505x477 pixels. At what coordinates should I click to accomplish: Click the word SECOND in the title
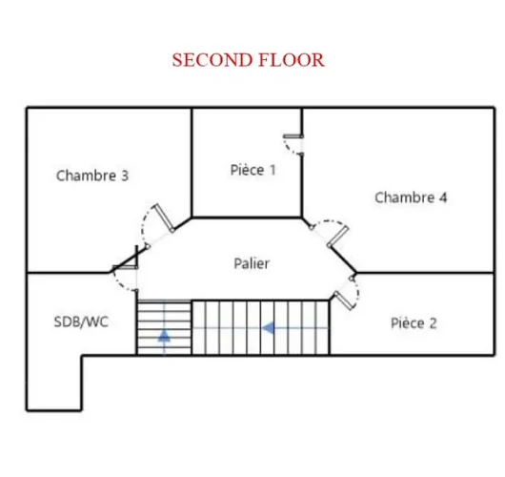point(212,60)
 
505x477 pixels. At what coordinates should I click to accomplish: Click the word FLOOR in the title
point(292,60)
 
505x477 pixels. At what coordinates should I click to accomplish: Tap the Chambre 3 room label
point(92,176)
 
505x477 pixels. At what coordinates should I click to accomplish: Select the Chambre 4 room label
point(411,197)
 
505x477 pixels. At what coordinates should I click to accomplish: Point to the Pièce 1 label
point(253,170)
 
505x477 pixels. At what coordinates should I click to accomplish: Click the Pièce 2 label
point(414,323)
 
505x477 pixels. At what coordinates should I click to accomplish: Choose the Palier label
point(252,263)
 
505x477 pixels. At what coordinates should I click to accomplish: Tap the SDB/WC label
point(81,321)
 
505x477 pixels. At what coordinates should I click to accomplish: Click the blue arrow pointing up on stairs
point(164,336)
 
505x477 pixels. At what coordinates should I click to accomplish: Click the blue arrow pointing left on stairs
point(269,328)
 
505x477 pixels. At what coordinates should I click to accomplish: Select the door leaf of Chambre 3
point(164,218)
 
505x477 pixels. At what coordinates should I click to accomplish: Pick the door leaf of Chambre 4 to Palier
point(338,237)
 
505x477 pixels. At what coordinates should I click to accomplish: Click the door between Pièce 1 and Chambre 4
point(293,136)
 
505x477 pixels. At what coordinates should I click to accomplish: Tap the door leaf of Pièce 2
point(344,301)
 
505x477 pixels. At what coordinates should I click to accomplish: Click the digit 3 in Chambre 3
point(125,176)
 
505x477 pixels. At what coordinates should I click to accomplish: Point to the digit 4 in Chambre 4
point(443,197)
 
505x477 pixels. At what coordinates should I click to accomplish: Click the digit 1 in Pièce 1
point(273,170)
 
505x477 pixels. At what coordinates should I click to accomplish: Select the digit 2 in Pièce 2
point(434,323)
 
